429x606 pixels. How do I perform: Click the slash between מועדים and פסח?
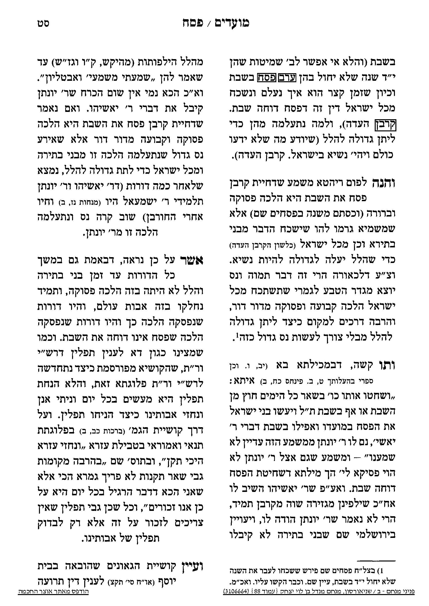(x=209, y=24)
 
